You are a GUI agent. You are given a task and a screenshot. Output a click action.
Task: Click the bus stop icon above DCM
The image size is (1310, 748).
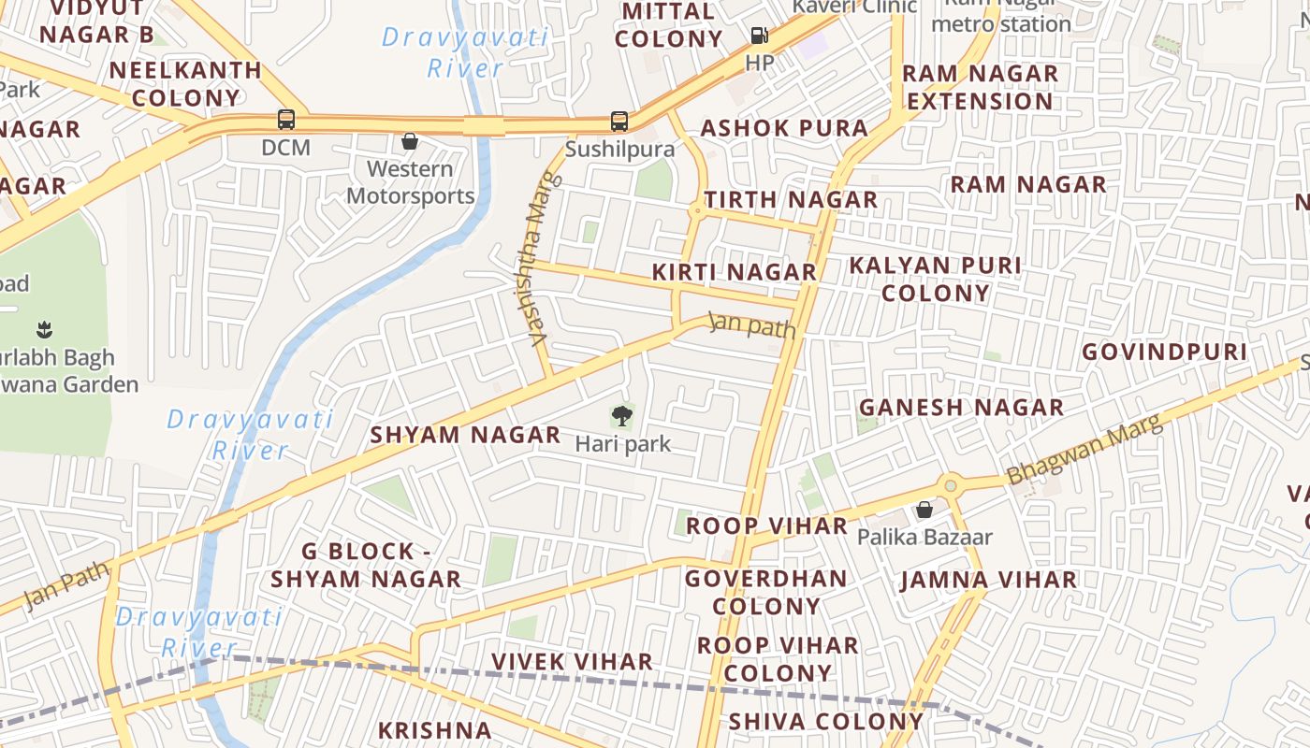coord(286,120)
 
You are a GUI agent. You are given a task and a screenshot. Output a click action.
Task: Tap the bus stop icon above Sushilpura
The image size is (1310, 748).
coord(619,121)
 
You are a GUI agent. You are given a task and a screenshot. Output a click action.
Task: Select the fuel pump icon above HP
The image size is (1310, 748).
coord(759,36)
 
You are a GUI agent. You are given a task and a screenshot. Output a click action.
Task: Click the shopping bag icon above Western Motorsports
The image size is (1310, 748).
coord(409,141)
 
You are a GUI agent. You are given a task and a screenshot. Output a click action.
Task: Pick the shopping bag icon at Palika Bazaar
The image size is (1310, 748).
coord(924,510)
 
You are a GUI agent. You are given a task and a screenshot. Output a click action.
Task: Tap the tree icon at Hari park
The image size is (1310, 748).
coord(621,416)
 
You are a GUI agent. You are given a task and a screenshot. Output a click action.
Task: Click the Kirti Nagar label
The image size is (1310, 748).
coord(734,272)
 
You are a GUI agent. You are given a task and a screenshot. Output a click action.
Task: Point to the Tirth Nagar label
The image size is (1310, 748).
coord(791,199)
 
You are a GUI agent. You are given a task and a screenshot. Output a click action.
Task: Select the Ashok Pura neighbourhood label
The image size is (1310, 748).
coord(784,128)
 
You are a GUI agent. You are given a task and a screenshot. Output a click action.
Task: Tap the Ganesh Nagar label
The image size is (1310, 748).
coord(961,408)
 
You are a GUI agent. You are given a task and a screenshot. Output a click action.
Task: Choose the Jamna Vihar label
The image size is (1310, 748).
coord(988,581)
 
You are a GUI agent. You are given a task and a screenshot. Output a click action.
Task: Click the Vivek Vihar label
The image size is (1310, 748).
coord(572,662)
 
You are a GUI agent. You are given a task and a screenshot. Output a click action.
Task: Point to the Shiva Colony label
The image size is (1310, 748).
coord(825,722)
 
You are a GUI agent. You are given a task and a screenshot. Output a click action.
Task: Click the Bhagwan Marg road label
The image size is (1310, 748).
coord(1085,450)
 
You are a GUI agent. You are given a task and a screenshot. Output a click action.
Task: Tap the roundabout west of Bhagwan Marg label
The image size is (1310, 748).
coord(951,485)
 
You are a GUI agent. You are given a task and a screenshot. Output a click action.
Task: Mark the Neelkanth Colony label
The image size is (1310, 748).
coord(185,84)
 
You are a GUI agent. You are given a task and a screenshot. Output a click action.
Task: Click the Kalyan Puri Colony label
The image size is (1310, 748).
coord(935,279)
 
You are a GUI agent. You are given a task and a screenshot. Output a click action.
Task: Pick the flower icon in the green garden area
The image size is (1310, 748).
coord(44,329)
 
